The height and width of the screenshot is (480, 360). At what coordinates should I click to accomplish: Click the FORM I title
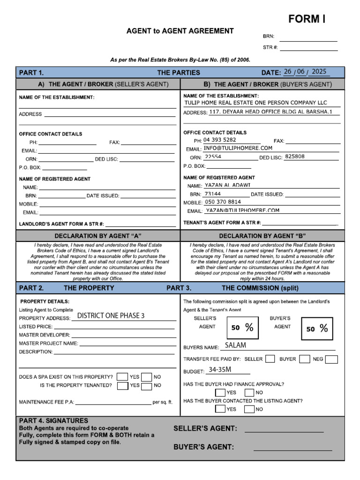(x=307, y=19)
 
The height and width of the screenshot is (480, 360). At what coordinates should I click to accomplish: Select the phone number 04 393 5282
(x=220, y=140)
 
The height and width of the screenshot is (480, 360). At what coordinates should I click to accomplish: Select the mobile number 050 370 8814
(x=223, y=202)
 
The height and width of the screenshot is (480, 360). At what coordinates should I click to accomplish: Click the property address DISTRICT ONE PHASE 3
(x=111, y=315)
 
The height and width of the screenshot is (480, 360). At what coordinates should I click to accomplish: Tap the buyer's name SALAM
(x=235, y=345)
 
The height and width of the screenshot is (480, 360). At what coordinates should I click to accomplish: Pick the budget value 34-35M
(x=220, y=370)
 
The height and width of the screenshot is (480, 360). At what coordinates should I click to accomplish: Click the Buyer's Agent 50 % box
(x=317, y=329)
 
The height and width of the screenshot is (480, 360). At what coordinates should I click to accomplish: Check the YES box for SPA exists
(x=122, y=376)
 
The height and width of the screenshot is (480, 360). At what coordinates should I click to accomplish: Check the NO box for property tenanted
(x=147, y=385)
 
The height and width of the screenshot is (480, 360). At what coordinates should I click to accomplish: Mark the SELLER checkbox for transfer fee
(x=270, y=359)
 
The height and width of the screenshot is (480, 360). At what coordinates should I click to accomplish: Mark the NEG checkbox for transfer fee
(x=331, y=359)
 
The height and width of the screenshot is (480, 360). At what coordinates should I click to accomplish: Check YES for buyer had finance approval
(x=220, y=392)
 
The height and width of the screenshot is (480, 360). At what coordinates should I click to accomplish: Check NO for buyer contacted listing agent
(x=250, y=409)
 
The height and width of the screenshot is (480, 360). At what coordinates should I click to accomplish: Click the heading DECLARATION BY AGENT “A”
(x=98, y=235)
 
